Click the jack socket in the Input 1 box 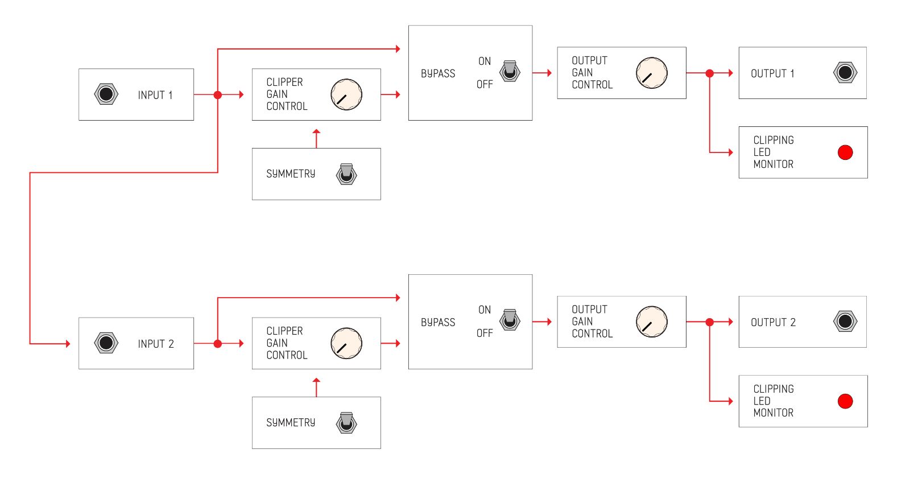(x=106, y=94)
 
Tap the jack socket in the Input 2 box (x=106, y=343)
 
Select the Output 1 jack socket (x=845, y=73)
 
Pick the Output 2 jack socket (x=845, y=322)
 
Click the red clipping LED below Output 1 (x=845, y=153)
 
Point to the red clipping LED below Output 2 (x=845, y=401)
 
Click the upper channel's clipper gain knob (x=346, y=94)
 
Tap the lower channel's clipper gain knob (x=346, y=343)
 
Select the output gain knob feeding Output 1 (x=652, y=73)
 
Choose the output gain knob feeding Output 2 (x=652, y=322)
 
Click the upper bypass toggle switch (x=510, y=71)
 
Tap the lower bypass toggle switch (x=510, y=320)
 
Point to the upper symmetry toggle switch (x=346, y=174)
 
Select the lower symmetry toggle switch (x=346, y=423)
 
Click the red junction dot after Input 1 (x=218, y=94)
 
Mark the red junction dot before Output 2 (x=709, y=322)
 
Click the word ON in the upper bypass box (x=485, y=61)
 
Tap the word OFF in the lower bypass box (x=485, y=333)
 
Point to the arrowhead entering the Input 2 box (x=68, y=343)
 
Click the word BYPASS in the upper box (x=438, y=73)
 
